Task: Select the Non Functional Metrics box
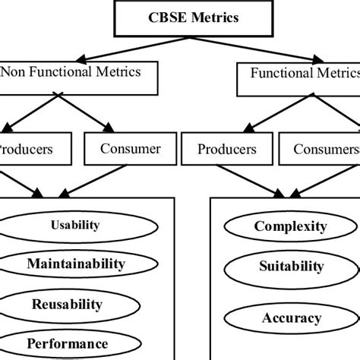pos(81,75)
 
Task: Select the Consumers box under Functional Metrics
pos(324,150)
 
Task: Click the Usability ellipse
pos(74,226)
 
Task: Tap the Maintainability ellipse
pos(74,264)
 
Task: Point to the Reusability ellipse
pos(67,305)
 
